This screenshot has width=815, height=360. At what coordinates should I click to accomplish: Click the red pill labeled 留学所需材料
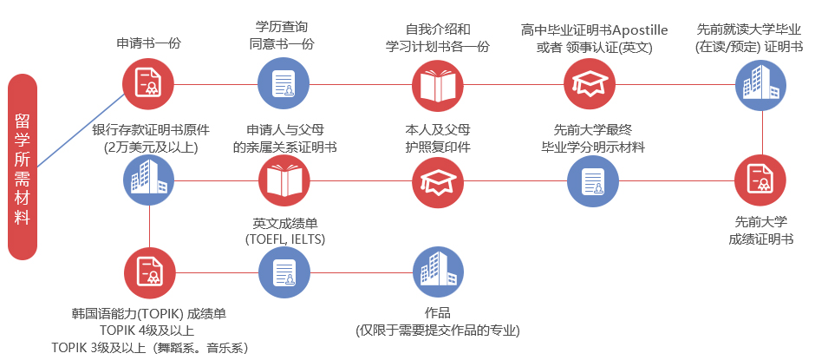(x=23, y=167)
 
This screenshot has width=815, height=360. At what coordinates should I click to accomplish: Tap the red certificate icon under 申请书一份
(x=148, y=83)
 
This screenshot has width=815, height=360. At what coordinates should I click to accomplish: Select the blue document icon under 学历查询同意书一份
(x=284, y=83)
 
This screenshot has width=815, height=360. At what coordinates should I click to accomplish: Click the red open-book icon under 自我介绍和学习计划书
(x=438, y=85)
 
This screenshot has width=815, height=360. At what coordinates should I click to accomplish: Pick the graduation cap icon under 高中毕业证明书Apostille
(x=590, y=84)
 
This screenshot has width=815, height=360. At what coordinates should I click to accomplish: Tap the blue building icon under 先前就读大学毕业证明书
(x=760, y=85)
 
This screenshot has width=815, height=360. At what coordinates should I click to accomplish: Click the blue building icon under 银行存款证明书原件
(x=149, y=180)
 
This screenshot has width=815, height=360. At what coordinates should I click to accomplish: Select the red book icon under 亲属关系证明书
(x=284, y=180)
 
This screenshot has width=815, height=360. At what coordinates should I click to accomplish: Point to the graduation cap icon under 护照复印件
(x=438, y=180)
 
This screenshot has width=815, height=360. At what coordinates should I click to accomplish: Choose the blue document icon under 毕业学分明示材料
(x=592, y=180)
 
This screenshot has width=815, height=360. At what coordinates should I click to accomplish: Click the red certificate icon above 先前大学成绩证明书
(x=760, y=180)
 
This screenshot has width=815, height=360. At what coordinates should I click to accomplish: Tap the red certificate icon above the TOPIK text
(x=150, y=273)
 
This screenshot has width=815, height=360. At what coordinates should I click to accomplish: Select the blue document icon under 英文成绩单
(x=284, y=272)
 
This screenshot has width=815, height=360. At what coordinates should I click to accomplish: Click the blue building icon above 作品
(x=438, y=272)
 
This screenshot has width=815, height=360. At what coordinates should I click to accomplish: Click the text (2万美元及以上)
(x=151, y=147)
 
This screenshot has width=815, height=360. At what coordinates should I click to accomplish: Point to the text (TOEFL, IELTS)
(x=285, y=239)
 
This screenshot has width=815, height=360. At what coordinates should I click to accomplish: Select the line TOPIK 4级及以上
(x=147, y=331)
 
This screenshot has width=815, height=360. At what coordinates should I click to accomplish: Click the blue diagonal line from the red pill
(x=81, y=130)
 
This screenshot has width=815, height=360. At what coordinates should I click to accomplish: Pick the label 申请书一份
(x=148, y=43)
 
